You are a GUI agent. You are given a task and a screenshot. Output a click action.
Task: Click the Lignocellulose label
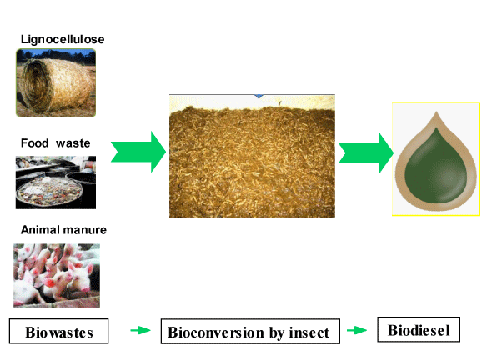point(63,40)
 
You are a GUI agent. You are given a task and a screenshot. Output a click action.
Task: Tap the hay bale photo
point(56,83)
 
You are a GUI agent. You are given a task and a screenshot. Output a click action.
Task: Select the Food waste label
point(55,143)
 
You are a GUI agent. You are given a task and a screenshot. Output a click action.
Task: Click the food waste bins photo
point(56,182)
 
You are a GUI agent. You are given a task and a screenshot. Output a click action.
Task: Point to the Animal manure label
point(63,230)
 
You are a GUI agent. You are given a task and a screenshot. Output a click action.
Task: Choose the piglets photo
point(57,275)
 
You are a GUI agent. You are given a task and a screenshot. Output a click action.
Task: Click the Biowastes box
point(58,331)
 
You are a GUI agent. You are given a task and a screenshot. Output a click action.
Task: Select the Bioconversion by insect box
point(250,331)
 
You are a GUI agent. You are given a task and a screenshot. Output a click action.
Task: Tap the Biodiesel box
point(419,330)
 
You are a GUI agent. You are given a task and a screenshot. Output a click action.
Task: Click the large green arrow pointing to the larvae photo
point(138,152)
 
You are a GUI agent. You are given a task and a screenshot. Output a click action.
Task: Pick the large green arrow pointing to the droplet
point(366,153)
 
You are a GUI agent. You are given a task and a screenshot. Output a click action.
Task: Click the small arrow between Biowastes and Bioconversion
point(140,330)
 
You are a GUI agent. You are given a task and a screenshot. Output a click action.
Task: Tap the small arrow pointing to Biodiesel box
point(357,330)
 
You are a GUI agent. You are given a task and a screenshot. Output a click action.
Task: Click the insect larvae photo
point(252,156)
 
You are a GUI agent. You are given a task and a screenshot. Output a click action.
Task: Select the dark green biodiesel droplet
point(436,166)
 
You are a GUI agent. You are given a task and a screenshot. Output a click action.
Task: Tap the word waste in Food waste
point(73,143)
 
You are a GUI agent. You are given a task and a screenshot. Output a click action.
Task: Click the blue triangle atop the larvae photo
point(259,96)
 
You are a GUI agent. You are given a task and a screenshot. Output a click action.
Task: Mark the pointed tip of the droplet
point(436,112)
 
